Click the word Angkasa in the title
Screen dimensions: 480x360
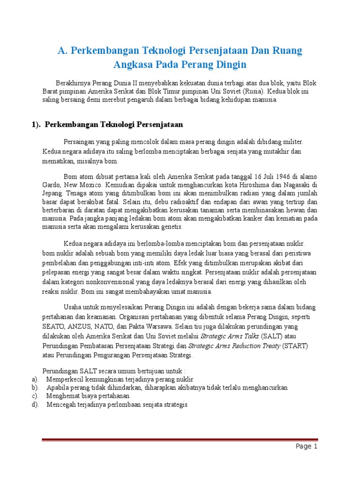(x=135, y=64)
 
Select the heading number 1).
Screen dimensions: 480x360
(x=36, y=125)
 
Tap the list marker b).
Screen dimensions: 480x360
(x=34, y=388)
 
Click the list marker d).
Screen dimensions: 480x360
(x=34, y=405)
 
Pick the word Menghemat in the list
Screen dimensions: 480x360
(x=63, y=396)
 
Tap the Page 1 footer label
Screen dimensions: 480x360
(x=307, y=446)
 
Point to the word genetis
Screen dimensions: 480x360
(x=172, y=227)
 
